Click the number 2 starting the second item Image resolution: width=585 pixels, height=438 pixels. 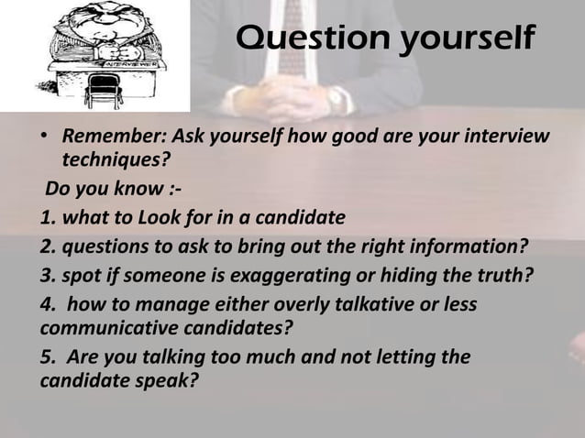(45, 246)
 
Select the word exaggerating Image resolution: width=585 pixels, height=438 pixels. (297, 275)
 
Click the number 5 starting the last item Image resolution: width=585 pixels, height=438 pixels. (45, 355)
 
